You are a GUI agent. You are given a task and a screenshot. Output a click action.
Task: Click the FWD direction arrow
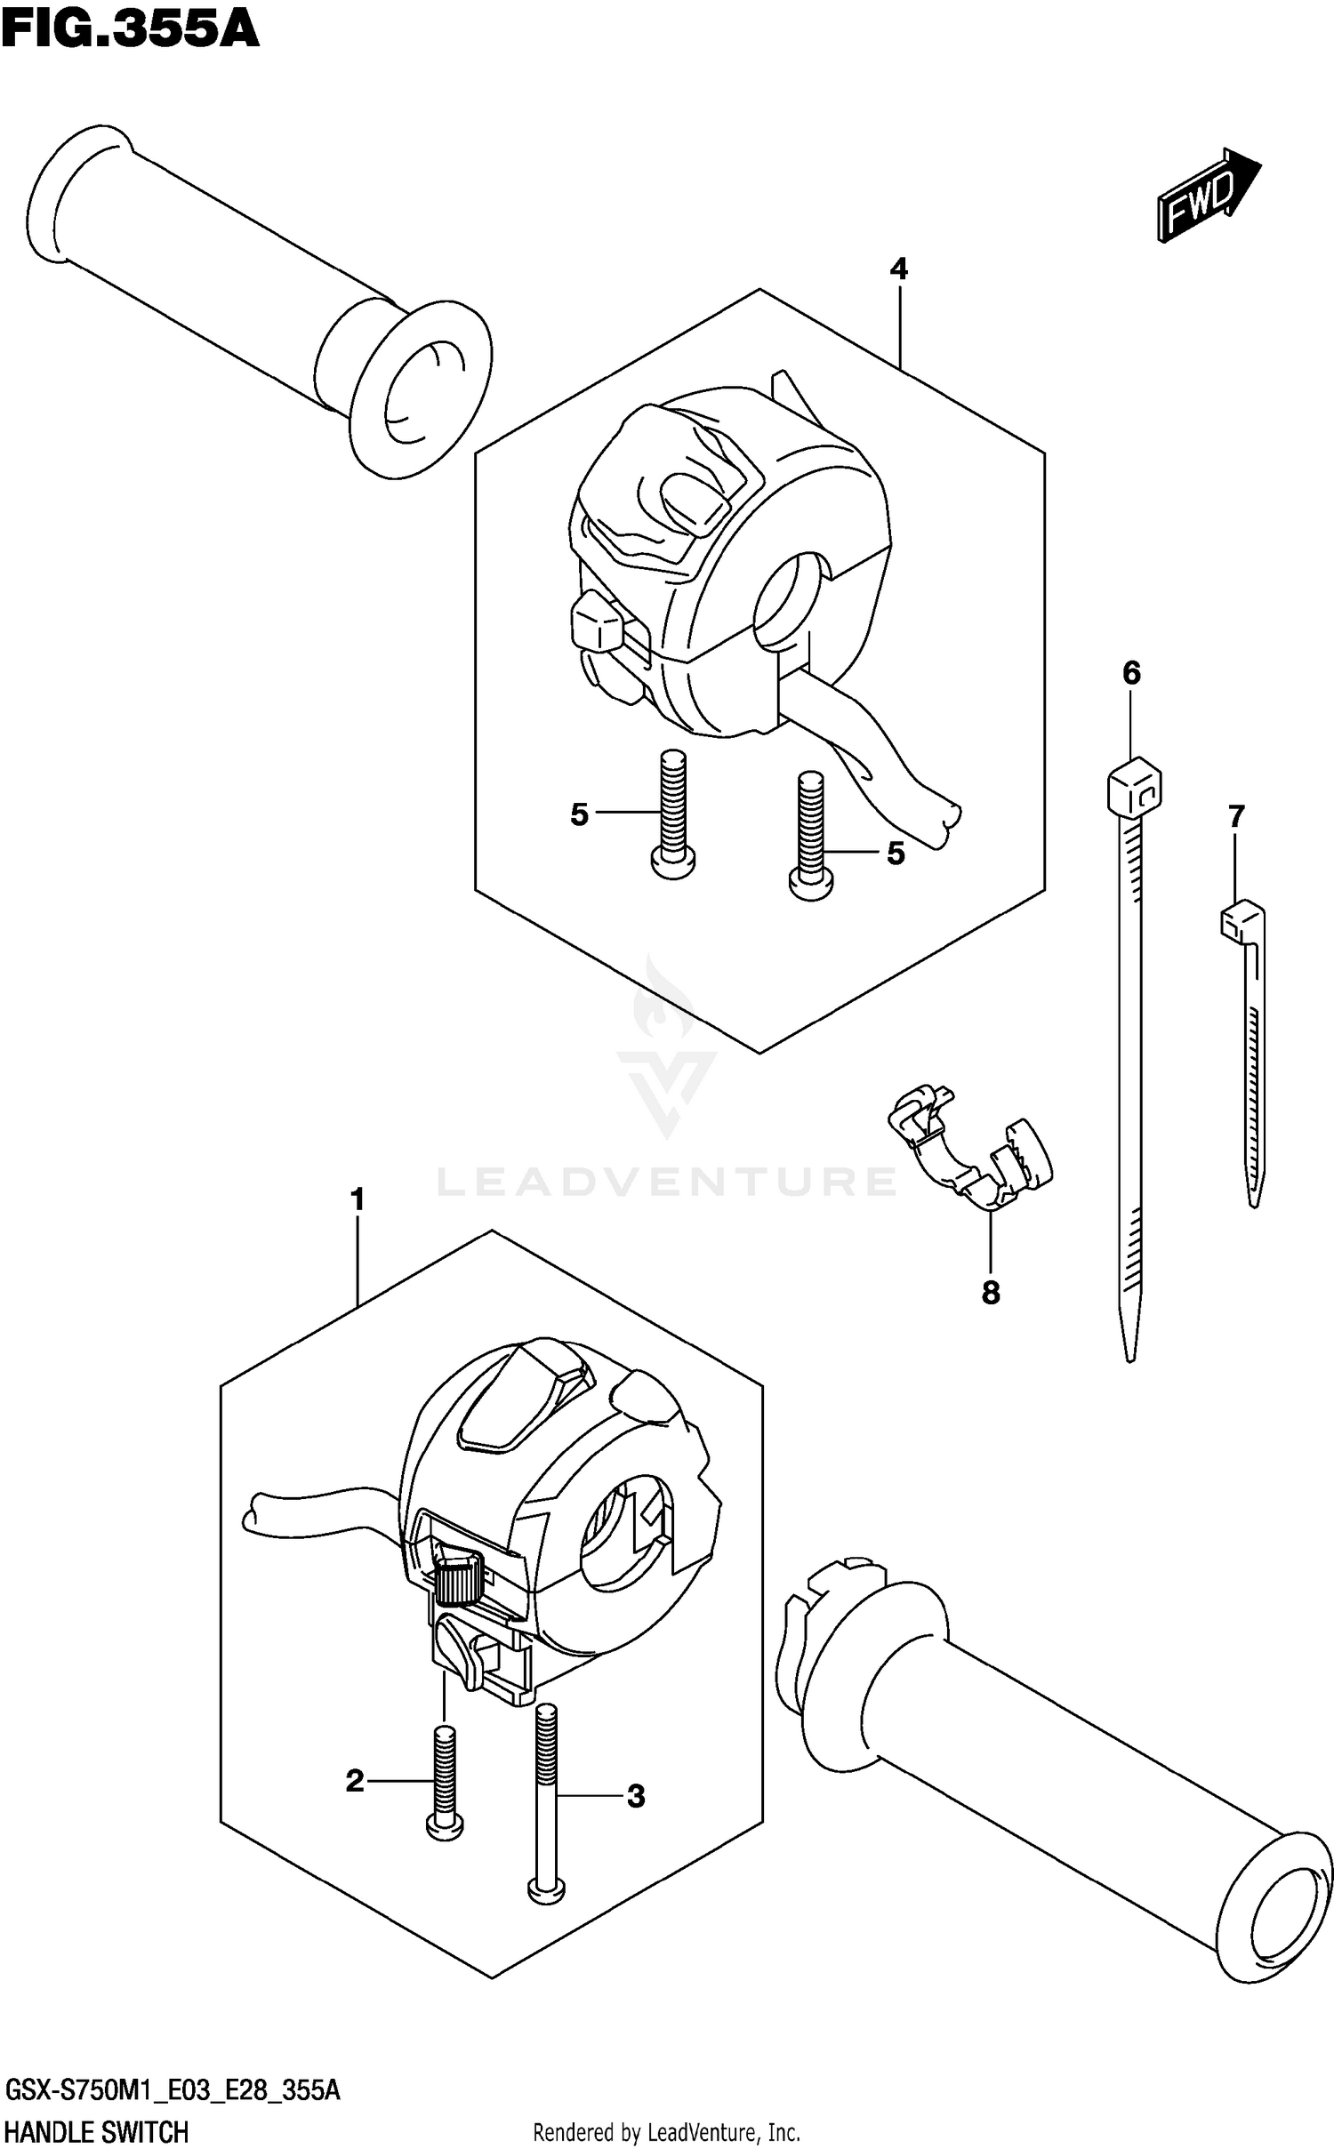click(1208, 194)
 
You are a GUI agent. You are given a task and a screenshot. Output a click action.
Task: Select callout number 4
click(898, 269)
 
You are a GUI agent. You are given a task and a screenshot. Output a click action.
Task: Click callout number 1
click(358, 1200)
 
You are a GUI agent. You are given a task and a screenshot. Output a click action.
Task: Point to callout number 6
click(1130, 673)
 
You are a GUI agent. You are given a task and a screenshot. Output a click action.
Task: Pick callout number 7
click(1236, 815)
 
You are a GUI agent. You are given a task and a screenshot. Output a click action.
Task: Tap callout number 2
click(355, 1781)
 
